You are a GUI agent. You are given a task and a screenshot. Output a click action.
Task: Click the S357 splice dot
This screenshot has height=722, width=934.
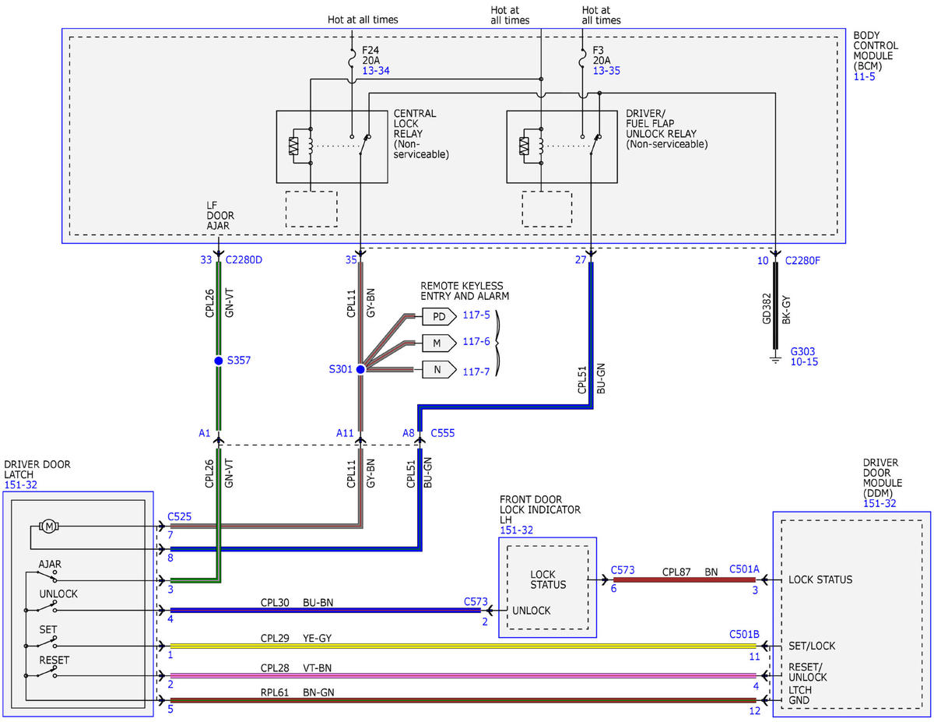coord(219,361)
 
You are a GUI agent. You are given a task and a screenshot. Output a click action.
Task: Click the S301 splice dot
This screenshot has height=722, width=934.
coord(360,369)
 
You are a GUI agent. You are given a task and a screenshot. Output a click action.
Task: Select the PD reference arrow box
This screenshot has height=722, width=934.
coord(439,316)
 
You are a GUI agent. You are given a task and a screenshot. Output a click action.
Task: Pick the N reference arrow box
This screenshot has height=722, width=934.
coord(439,369)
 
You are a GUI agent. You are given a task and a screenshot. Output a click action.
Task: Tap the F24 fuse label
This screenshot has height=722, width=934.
coord(370,51)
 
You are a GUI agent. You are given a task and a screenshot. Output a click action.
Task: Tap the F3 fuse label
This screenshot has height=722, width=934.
coord(598,51)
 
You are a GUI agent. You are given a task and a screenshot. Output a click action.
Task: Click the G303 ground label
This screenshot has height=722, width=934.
coord(802,351)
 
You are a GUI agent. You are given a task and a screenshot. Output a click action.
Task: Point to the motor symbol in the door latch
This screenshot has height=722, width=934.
coord(49,526)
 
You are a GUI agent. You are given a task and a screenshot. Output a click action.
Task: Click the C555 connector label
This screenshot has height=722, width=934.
coord(442,433)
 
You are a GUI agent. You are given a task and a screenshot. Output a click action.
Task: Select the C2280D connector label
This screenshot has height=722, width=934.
coord(244,259)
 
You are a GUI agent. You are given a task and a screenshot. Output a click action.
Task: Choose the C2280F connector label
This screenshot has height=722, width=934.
coord(802,261)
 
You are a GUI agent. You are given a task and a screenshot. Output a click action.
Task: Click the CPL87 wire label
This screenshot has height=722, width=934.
coord(676,572)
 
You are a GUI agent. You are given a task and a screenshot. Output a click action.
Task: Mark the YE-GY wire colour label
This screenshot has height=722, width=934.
coord(318,638)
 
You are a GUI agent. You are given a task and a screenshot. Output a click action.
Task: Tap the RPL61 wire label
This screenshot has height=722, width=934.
coord(274,692)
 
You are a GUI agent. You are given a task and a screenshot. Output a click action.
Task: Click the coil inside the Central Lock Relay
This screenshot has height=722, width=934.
coord(311,146)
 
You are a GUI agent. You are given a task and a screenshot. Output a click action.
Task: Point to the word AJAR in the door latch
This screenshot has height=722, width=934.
coord(50,564)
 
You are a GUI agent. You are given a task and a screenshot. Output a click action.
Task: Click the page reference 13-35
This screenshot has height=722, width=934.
coord(606,71)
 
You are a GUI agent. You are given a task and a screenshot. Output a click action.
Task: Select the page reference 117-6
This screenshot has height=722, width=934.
coord(476,341)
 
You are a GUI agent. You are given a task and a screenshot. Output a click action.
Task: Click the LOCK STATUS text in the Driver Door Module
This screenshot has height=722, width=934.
coord(820,579)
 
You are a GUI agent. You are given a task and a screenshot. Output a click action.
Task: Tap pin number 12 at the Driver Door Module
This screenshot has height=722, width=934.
coord(755,711)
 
